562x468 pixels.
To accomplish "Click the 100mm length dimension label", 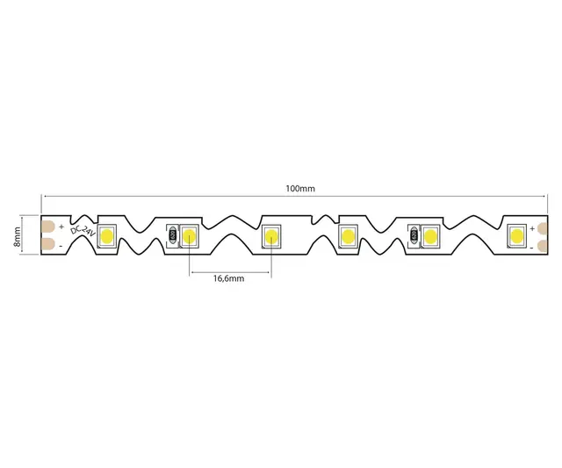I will [300, 189].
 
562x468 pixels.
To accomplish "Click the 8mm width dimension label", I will [28, 234].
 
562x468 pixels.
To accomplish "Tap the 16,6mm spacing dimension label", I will [229, 278].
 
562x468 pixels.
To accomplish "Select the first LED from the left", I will [109, 234].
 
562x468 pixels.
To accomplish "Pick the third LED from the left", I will [270, 234].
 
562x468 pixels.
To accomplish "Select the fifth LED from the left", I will [430, 234].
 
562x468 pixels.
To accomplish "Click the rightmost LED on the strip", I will [515, 234].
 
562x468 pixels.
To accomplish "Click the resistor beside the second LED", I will [173, 234].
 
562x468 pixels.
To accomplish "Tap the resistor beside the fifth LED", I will [414, 234].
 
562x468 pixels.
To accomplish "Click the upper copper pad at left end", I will [48, 225].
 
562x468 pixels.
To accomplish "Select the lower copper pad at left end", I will [48, 244].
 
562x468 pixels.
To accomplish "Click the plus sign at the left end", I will [61, 225].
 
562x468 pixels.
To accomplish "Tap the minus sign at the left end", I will [61, 245].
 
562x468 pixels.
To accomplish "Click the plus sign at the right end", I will [533, 227].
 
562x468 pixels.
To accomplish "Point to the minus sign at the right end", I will [533, 245].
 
